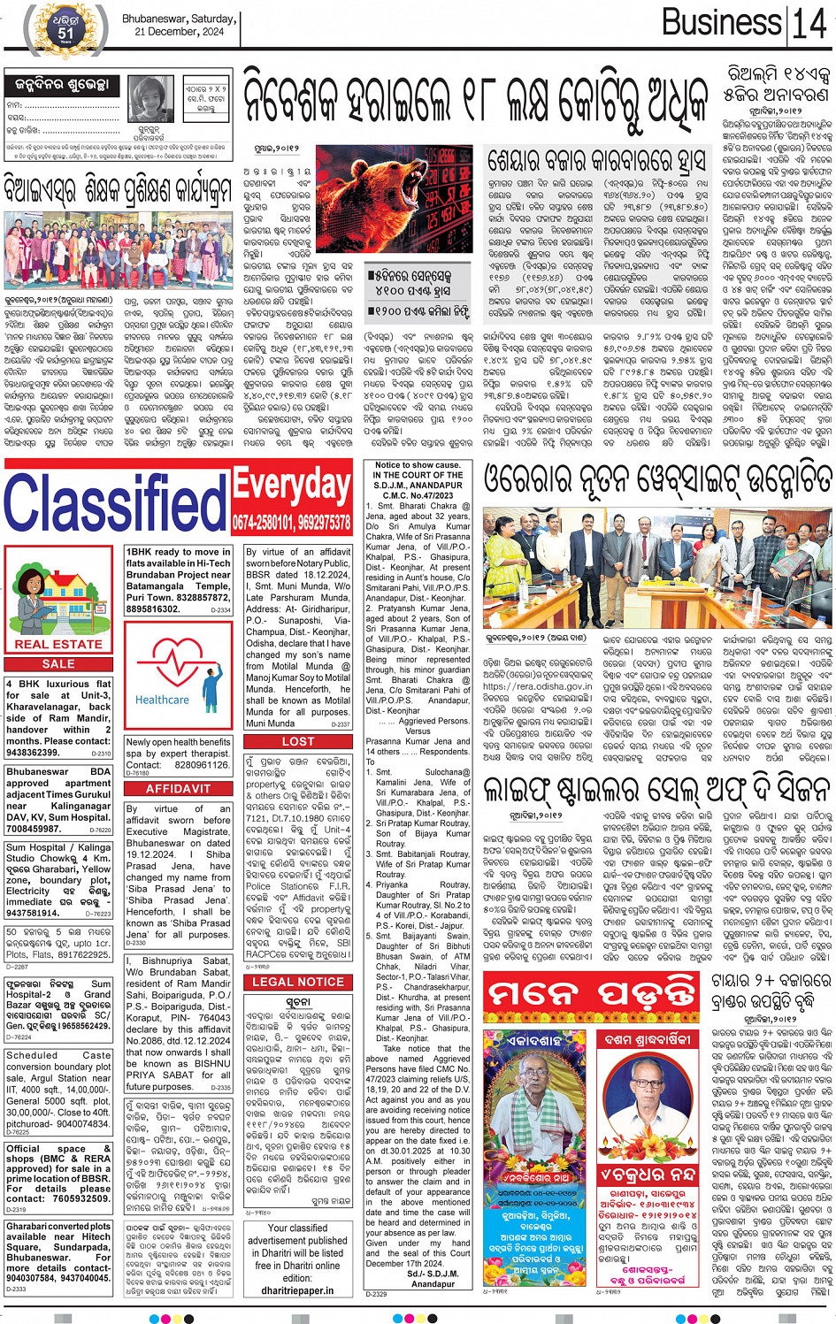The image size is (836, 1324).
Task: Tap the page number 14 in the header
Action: pos(809,24)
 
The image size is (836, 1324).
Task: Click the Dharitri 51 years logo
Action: pos(65,29)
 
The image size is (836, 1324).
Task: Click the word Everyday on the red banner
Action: pos(291,485)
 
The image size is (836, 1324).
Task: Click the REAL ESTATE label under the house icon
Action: pos(58,644)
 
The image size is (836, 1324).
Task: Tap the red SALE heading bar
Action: pos(58,663)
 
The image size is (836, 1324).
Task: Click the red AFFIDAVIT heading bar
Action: pos(178,788)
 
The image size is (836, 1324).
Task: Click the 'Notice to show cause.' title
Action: pos(417,465)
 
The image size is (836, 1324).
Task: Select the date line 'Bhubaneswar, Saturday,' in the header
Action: pos(179,19)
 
